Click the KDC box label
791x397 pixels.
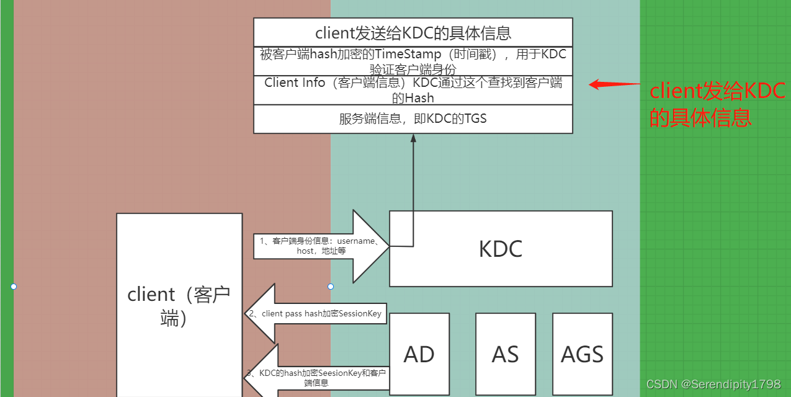click(x=501, y=249)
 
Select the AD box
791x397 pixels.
click(x=419, y=354)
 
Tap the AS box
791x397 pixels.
click(x=505, y=354)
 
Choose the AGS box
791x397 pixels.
click(x=582, y=354)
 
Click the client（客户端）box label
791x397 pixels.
click(x=179, y=306)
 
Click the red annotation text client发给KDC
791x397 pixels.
click(x=717, y=91)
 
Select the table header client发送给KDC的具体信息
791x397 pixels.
click(x=413, y=32)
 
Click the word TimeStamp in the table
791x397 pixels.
click(x=408, y=54)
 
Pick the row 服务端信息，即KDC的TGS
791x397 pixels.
click(x=413, y=118)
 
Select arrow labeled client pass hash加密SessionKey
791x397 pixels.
click(x=315, y=314)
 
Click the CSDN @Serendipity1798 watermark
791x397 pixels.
click(x=713, y=385)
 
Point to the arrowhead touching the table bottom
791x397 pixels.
click(x=413, y=138)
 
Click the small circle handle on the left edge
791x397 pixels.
click(x=14, y=287)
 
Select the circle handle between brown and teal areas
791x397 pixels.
click(x=331, y=287)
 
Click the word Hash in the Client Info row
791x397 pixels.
click(x=419, y=98)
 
